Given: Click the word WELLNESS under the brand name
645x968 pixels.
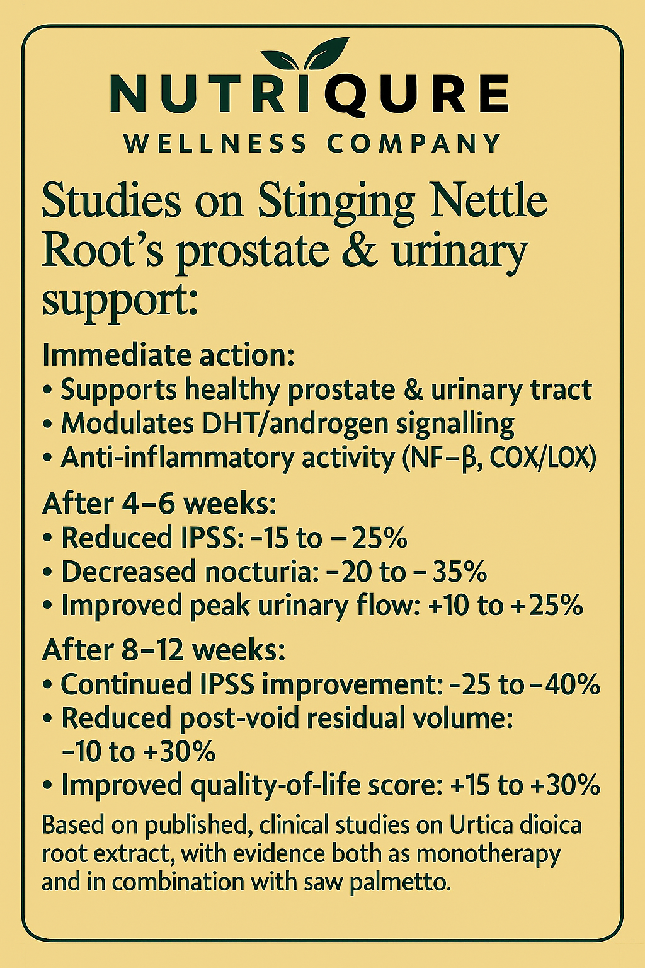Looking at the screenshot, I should click(x=215, y=144).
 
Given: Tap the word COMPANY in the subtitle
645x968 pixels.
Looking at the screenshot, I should click(x=414, y=144).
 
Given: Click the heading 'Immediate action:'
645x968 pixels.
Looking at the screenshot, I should click(x=168, y=355).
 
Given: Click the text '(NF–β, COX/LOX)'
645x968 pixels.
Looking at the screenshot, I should click(x=498, y=458).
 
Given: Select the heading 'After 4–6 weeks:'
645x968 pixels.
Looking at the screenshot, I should click(x=159, y=504).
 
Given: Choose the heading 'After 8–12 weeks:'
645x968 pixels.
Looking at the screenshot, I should click(x=164, y=650).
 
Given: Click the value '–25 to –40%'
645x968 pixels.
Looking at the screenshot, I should click(x=525, y=685).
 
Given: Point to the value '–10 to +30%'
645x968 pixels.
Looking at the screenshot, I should click(x=139, y=752).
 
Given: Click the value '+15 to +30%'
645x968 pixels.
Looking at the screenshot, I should click(x=526, y=786).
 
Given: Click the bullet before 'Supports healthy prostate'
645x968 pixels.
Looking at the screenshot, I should click(x=49, y=391).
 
